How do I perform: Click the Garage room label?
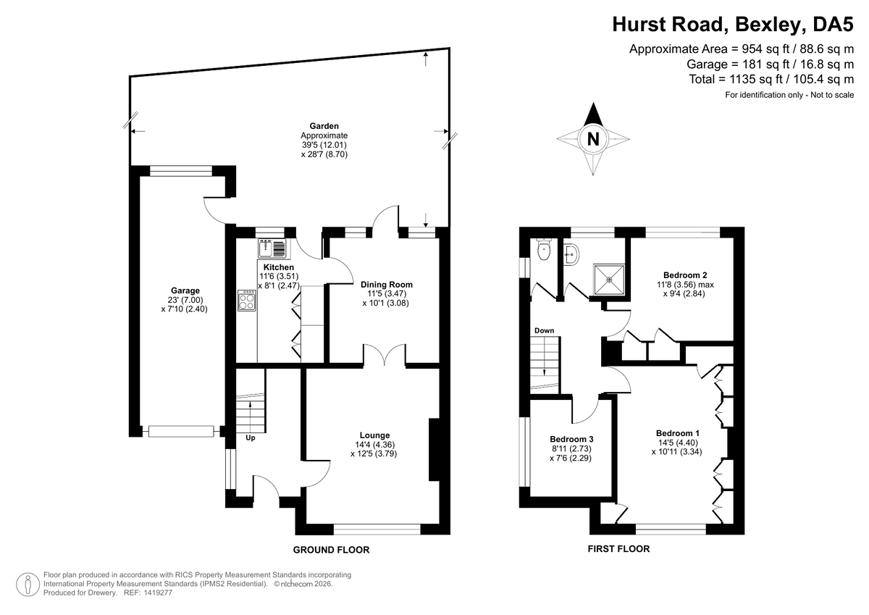pyautogui.click(x=185, y=290)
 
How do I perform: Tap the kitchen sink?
pyautogui.click(x=272, y=248)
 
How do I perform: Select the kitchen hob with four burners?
pyautogui.click(x=247, y=301)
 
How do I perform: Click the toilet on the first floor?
pyautogui.click(x=545, y=249)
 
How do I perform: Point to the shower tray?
pyautogui.click(x=609, y=279)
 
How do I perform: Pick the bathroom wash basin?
pyautogui.click(x=571, y=255)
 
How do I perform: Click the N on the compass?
pyautogui.click(x=593, y=139)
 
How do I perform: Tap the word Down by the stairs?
pyautogui.click(x=544, y=330)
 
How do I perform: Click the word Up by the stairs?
pyautogui.click(x=251, y=438)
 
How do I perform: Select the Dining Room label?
pyautogui.click(x=387, y=285)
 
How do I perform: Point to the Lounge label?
pyautogui.click(x=374, y=435)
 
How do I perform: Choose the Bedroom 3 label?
pyautogui.click(x=571, y=439)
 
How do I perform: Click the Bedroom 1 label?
pyautogui.click(x=677, y=433)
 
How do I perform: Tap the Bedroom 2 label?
pyautogui.click(x=685, y=275)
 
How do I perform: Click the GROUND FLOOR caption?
pyautogui.click(x=331, y=550)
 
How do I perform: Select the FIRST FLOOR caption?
pyautogui.click(x=618, y=548)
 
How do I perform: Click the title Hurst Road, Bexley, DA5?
pyautogui.click(x=733, y=24)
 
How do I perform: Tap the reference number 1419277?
pyautogui.click(x=158, y=593)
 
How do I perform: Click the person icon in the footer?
pyautogui.click(x=28, y=585)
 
